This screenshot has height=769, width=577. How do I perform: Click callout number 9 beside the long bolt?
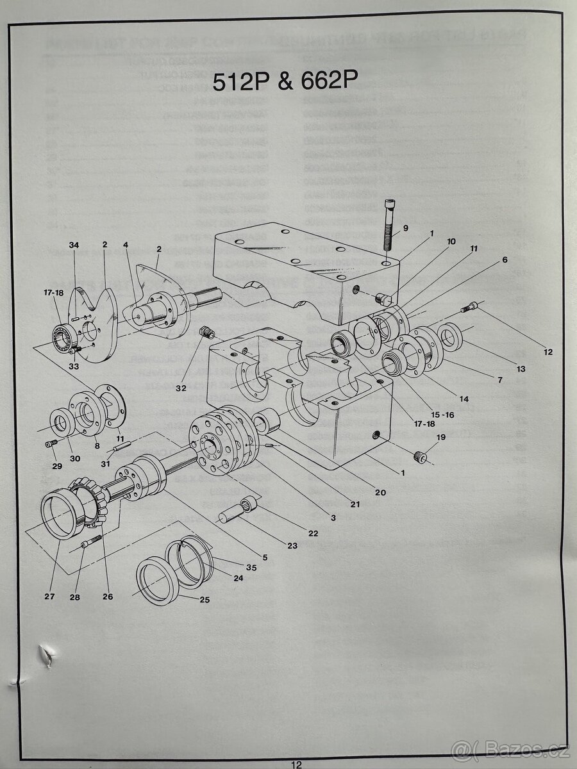tap(405, 227)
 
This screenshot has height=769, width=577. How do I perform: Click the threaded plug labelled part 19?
tap(421, 458)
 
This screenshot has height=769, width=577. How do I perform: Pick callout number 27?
tap(49, 597)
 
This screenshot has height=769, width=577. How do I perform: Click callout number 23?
tap(292, 546)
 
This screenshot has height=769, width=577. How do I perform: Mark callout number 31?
tap(105, 465)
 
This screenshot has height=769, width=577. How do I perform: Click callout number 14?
tap(464, 399)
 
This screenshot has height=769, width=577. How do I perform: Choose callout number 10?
tap(451, 242)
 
